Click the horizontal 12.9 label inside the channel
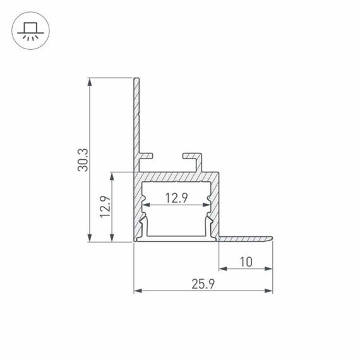pyautogui.click(x=177, y=198)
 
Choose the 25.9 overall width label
pyautogui.click(x=203, y=284)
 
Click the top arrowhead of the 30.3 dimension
pyautogui.click(x=92, y=81)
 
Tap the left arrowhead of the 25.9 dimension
pyautogui.click(x=137, y=292)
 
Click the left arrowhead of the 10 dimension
pyautogui.click(x=222, y=268)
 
